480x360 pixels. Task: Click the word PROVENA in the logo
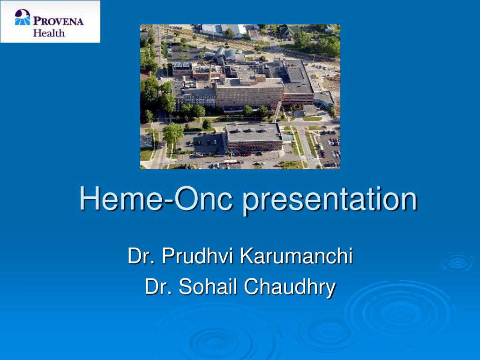[x=58, y=21]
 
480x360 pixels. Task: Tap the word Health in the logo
[x=49, y=33]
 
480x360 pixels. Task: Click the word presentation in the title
[x=330, y=199]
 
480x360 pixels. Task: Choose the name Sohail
[x=208, y=286]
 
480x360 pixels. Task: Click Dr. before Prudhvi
[x=142, y=256]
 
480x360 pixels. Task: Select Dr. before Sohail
[x=158, y=286]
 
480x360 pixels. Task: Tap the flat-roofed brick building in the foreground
[x=253, y=136]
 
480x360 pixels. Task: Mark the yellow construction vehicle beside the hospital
[x=317, y=75]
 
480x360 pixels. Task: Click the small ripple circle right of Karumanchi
[x=457, y=262]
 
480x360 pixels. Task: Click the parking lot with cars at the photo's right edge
[x=330, y=148]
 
